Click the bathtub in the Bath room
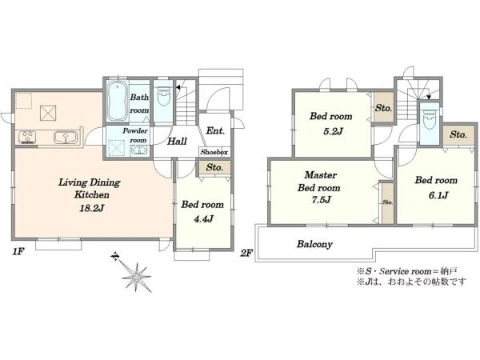tap(118, 102)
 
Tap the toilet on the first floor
tap(163, 95)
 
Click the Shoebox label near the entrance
tap(214, 152)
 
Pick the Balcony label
tap(314, 244)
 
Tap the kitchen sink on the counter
tap(66, 137)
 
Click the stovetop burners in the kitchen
tap(27, 137)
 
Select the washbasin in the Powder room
tap(139, 150)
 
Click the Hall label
tap(177, 142)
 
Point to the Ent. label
tap(215, 130)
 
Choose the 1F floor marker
tap(18, 252)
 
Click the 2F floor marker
tap(246, 253)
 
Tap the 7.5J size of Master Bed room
tap(319, 200)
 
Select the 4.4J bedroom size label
tap(202, 219)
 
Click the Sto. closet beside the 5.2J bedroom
tap(383, 108)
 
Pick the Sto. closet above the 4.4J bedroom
tap(214, 167)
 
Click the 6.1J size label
tap(438, 195)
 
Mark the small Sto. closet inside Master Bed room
tap(387, 202)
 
